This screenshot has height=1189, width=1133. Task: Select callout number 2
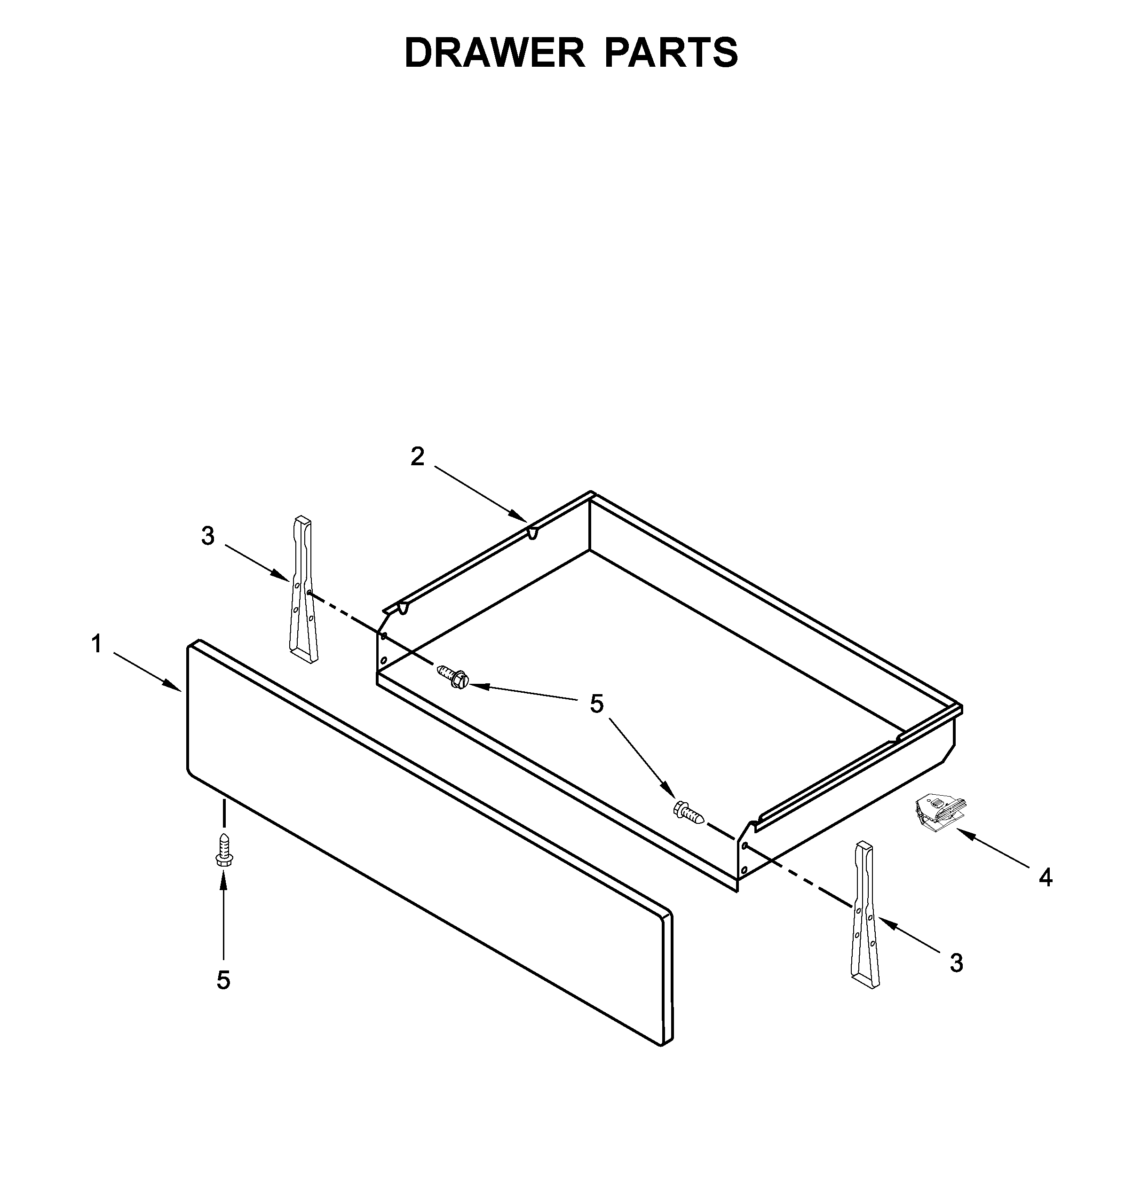click(417, 456)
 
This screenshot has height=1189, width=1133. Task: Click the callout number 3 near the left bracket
click(208, 535)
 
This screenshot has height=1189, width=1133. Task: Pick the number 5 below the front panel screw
click(223, 980)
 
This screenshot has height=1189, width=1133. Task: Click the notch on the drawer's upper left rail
click(532, 532)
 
